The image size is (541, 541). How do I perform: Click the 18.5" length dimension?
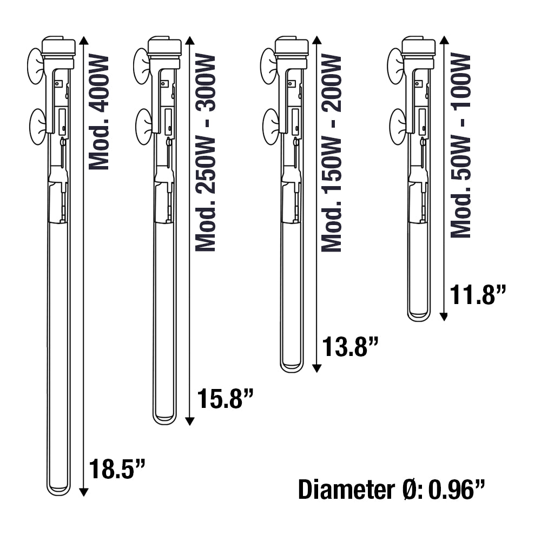(117, 469)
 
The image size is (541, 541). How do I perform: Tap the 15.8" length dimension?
(225, 399)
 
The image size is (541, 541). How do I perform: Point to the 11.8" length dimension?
(478, 294)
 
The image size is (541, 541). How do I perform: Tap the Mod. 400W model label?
(99, 112)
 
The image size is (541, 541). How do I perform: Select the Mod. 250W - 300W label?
(206, 153)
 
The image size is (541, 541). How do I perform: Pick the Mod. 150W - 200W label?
(332, 153)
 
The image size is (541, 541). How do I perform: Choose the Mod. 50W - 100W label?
(461, 145)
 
